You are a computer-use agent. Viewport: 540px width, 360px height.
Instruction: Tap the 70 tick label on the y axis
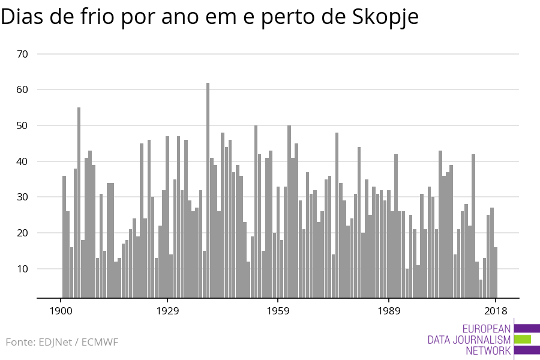23,54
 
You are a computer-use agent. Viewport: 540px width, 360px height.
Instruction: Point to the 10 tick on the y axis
23,269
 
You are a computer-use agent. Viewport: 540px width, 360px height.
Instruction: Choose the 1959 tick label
278,311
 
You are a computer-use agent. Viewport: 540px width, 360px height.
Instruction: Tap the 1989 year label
389,311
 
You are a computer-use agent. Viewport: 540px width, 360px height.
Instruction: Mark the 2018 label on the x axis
496,311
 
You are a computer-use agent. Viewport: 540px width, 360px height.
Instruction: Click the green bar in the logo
523,340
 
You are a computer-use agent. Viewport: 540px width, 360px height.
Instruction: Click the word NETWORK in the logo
488,351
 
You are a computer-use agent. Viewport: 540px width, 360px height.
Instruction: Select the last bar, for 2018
496,272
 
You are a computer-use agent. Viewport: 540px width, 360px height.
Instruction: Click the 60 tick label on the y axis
23,90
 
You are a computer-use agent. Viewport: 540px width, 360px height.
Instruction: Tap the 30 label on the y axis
23,197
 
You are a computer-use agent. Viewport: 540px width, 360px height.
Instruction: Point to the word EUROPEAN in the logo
487,329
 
